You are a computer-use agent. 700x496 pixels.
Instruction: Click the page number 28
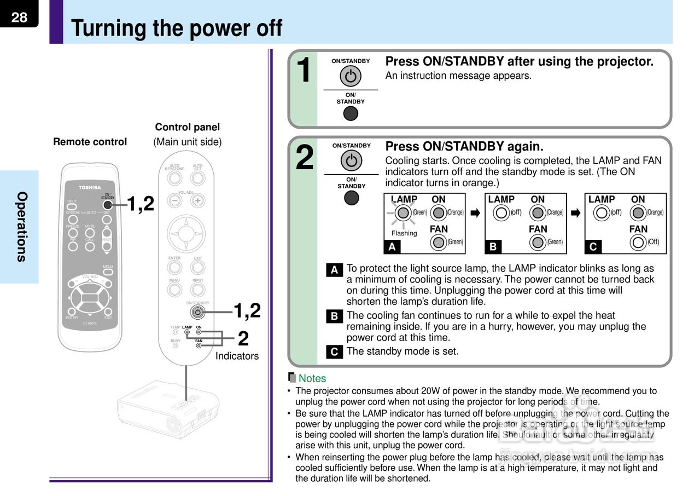coord(19,18)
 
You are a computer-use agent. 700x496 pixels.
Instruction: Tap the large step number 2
coord(305,158)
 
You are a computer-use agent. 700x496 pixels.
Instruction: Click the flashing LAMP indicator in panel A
coord(404,212)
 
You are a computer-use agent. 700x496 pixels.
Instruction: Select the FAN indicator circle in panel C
coord(638,242)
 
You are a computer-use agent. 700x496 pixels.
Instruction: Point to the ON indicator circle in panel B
coord(538,212)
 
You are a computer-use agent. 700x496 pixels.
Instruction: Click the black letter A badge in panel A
coord(392,247)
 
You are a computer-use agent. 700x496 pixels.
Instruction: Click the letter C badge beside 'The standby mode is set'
coord(334,352)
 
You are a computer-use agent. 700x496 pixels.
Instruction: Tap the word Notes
coord(312,378)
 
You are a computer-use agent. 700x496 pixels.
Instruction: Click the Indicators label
coord(237,356)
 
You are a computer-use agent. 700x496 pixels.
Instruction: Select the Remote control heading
coord(90,142)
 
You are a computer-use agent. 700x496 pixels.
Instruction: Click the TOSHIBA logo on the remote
coord(89,187)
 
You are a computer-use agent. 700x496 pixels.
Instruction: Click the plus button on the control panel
coord(197,200)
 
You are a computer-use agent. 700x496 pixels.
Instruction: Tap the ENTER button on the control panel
coord(174,267)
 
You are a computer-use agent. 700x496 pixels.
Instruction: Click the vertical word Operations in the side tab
coord(21,227)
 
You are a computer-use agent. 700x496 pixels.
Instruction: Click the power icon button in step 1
coord(351,76)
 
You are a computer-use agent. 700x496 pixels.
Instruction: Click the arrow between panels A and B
coord(475,213)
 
